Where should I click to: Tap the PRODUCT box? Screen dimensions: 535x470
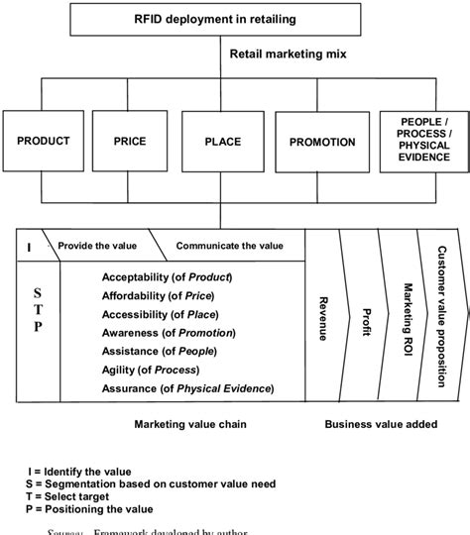click(x=43, y=142)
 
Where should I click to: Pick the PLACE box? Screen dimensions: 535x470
click(x=222, y=142)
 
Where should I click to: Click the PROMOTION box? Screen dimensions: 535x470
click(x=321, y=142)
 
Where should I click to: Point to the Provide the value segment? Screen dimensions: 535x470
click(x=97, y=245)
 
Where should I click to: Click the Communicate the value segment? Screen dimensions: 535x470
click(x=229, y=245)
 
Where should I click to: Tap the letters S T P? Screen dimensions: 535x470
click(x=38, y=310)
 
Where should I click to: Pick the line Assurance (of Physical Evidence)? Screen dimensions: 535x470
click(x=187, y=388)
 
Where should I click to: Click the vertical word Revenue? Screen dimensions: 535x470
click(x=322, y=319)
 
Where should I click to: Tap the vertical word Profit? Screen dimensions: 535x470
click(x=365, y=319)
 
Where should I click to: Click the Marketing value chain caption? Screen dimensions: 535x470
click(x=190, y=424)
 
